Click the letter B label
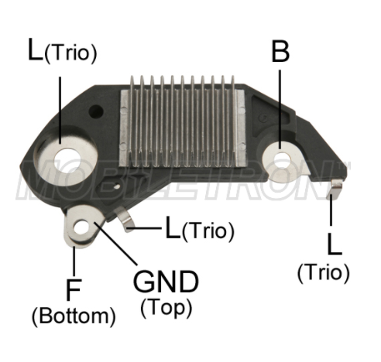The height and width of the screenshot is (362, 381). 280,51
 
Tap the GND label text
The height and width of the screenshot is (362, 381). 166,282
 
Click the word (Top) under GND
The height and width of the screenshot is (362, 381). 166,308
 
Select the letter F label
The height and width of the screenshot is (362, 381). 74,290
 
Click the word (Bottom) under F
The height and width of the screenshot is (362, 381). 74,316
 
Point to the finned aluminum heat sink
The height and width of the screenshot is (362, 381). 182,122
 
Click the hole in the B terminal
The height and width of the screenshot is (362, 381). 281,159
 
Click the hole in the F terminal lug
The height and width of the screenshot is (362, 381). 81,227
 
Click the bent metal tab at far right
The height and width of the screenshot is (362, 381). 335,190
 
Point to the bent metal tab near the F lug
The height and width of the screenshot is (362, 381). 125,219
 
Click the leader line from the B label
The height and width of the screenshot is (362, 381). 280,109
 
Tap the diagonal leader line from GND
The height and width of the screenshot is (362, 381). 115,244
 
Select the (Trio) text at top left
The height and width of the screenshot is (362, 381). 70,53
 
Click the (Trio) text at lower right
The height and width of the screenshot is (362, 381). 324,273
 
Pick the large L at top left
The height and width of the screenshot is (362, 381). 35,50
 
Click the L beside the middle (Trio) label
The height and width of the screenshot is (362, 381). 173,227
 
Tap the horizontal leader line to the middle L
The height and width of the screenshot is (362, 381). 146,228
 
